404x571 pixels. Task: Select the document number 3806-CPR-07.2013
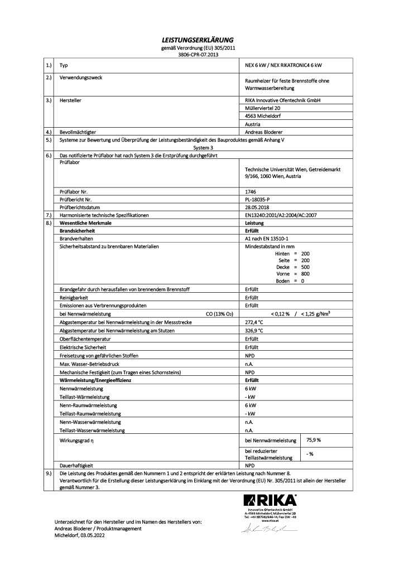point(201,55)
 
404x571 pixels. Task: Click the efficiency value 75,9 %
point(314,440)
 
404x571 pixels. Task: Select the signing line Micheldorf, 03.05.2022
point(79,535)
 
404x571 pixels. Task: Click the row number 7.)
point(49,215)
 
